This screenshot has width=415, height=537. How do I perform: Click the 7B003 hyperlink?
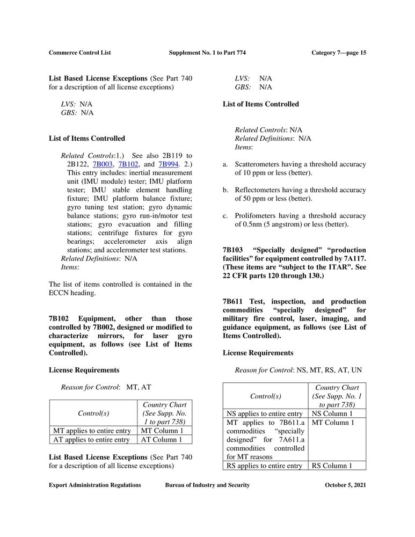click(x=103, y=164)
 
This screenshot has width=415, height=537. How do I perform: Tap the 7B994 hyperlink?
click(x=169, y=164)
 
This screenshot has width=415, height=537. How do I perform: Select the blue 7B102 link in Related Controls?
click(x=129, y=164)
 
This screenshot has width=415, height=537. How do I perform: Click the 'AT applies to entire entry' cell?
click(x=92, y=440)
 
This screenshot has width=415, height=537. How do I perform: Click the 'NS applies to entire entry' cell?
click(x=265, y=414)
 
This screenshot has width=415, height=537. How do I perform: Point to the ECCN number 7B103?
click(x=233, y=250)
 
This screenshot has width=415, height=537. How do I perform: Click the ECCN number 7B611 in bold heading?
click(x=233, y=302)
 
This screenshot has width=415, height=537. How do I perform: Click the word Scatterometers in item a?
click(x=260, y=164)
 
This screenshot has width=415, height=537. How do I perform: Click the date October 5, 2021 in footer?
click(x=345, y=485)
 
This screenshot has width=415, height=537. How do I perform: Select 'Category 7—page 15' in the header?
click(x=339, y=53)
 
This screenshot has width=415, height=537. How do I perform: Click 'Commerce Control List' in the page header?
click(x=80, y=53)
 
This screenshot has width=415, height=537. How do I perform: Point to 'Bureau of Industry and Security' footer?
click(x=207, y=485)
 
